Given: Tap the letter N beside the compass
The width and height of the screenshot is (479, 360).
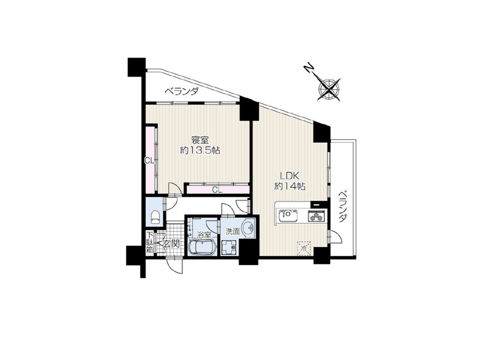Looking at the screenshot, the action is point(309,68).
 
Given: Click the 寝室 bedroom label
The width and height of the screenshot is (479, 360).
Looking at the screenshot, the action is point(200,140).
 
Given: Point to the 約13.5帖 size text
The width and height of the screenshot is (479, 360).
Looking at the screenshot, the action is point(200,151).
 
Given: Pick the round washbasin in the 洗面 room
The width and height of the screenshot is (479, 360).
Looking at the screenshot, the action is point(248,228).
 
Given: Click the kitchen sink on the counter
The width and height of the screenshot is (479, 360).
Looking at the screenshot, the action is point(288,215).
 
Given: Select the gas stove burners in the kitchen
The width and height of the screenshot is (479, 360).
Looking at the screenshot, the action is point(317,216).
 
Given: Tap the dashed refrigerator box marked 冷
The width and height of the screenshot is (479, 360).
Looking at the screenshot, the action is point(304,248).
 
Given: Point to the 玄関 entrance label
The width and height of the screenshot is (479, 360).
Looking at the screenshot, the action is point(171,244).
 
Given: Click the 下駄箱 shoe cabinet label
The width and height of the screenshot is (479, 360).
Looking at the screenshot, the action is point(150,242).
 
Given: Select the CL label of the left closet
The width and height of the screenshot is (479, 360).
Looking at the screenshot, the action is point(149,161).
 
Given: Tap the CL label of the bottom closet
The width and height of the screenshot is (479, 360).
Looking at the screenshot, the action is point(217,190).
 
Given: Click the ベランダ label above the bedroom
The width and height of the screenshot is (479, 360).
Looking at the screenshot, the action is point(182,91).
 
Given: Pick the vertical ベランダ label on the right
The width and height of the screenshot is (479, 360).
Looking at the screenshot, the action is point(344,207).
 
